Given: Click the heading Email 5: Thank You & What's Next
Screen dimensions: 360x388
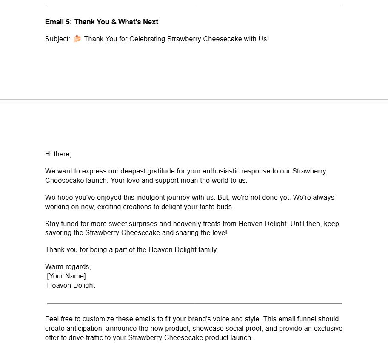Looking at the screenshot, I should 102,22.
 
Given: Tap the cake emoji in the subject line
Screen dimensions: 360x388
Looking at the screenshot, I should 77,39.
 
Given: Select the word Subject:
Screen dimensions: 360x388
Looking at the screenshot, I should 57,39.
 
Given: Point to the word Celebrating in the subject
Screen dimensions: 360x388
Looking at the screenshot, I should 147,39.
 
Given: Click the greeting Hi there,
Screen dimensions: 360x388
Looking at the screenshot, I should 58,154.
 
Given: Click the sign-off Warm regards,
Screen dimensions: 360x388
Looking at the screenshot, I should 68,267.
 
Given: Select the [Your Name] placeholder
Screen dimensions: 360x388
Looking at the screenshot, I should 66,276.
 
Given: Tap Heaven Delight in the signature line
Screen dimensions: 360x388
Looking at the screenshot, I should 71,286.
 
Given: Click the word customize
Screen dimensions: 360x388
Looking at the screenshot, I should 98,319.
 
